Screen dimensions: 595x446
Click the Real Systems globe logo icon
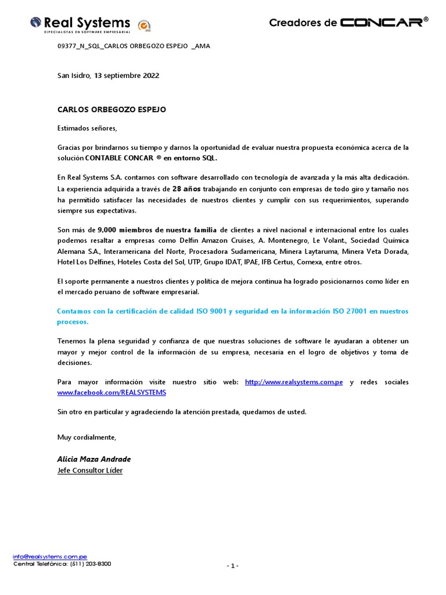pyautogui.click(x=36, y=23)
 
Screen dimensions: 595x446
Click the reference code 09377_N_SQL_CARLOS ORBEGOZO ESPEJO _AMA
pyautogui.click(x=134, y=46)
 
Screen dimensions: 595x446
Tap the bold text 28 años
pyautogui.click(x=187, y=189)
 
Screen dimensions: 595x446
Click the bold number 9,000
pyautogui.click(x=109, y=230)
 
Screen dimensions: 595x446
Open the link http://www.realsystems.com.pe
pyautogui.click(x=294, y=382)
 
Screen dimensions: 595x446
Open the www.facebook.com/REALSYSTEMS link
pyautogui.click(x=111, y=393)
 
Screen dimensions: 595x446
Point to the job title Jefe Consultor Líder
pyautogui.click(x=90, y=471)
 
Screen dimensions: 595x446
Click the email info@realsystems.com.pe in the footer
pyautogui.click(x=50, y=556)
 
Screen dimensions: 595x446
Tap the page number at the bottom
pyautogui.click(x=232, y=566)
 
